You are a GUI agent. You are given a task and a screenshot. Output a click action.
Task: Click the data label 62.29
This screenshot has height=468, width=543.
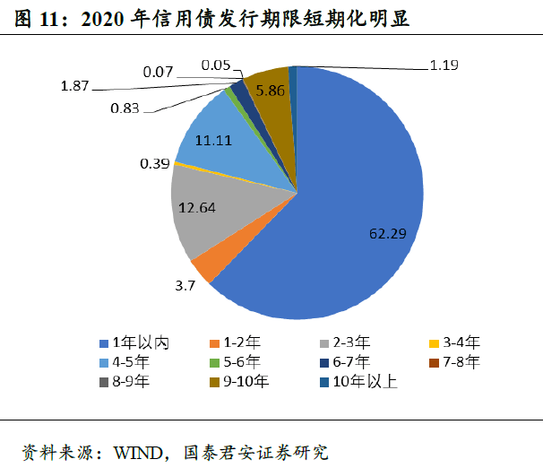(388, 233)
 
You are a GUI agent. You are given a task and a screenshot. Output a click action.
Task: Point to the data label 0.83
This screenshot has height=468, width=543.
(128, 108)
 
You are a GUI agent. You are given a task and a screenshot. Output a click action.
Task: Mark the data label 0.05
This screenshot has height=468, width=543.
(218, 65)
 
